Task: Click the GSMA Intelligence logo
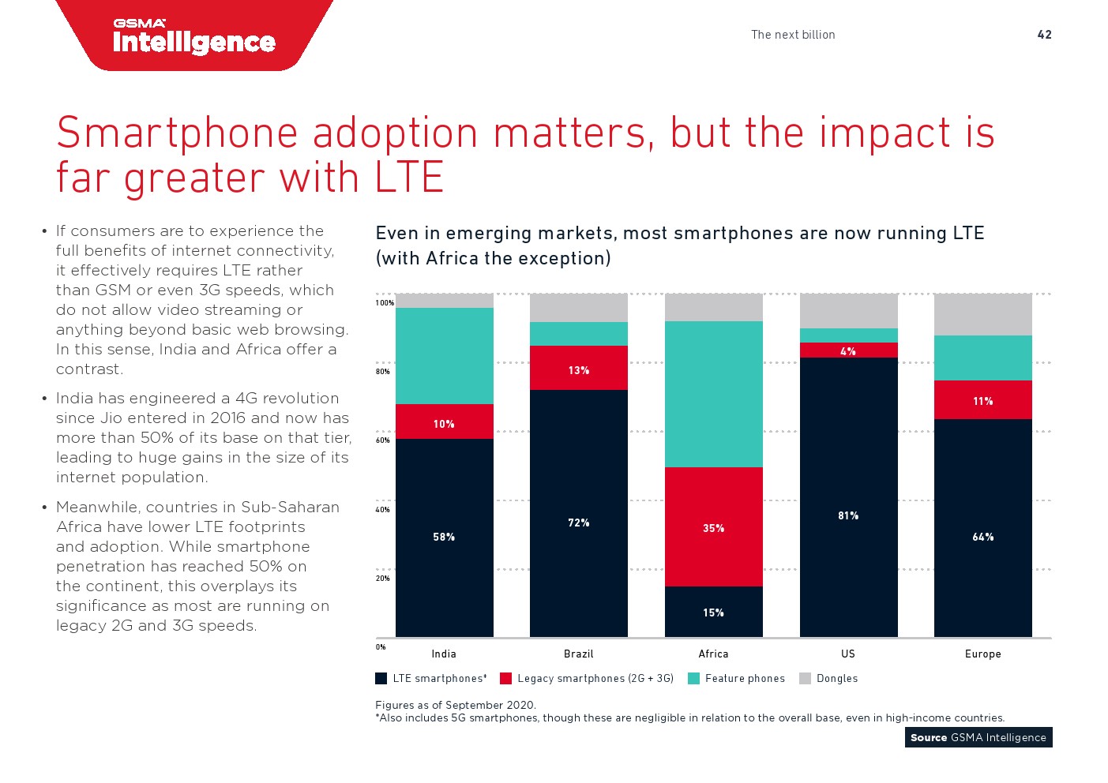coord(193,36)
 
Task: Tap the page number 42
coord(1044,35)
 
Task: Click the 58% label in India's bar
coord(444,537)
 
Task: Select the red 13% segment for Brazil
coord(579,369)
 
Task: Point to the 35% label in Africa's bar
coord(713,528)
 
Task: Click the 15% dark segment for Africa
coord(713,612)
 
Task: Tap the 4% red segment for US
coord(848,350)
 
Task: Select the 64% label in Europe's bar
coord(983,537)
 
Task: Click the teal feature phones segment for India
coord(444,356)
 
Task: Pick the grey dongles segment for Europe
coord(983,314)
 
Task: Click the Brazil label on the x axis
coord(579,654)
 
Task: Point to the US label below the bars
coord(848,654)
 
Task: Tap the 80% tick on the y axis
coord(383,372)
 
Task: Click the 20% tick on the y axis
coord(383,579)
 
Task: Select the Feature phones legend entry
coord(737,678)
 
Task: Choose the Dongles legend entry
coord(828,678)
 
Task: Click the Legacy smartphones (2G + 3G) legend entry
coord(587,678)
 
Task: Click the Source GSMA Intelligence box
coord(978,737)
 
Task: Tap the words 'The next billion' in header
coord(793,35)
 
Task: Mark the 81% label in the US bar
coord(848,515)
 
